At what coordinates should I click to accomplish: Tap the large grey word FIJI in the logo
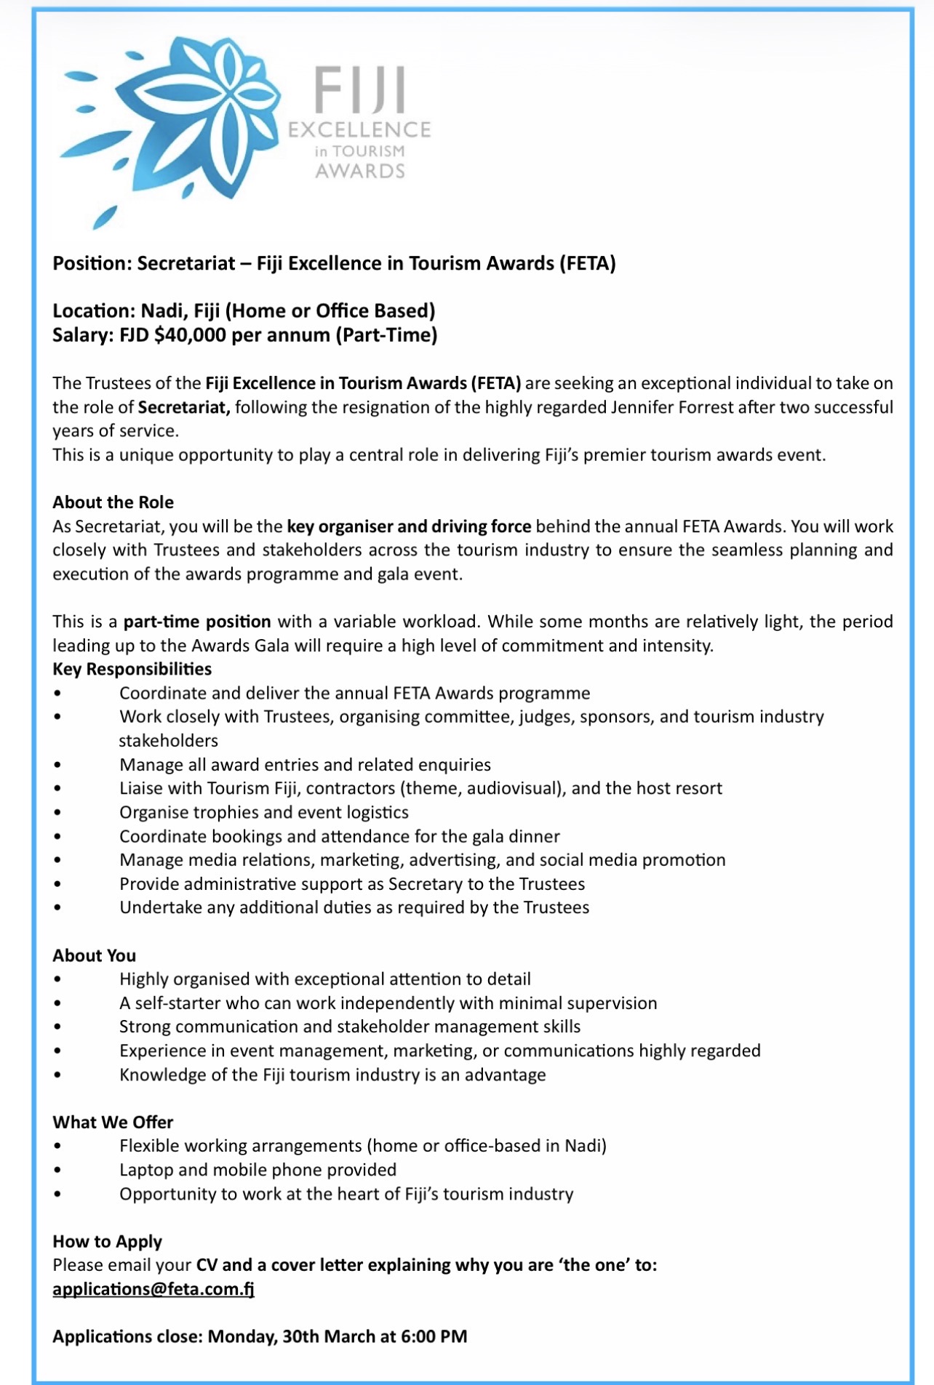coord(359,92)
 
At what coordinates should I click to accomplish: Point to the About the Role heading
coord(113,502)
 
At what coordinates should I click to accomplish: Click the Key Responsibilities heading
coord(132,669)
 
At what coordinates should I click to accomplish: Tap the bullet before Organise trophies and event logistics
coord(57,813)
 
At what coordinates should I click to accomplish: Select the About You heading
coord(94,955)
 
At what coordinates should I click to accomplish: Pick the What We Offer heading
coord(113,1122)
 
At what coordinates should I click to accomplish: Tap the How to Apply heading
coord(107,1241)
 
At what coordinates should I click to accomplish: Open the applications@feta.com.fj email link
coord(153,1289)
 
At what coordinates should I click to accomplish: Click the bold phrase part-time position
coord(197,622)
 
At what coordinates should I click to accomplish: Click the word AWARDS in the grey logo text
coord(359,172)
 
